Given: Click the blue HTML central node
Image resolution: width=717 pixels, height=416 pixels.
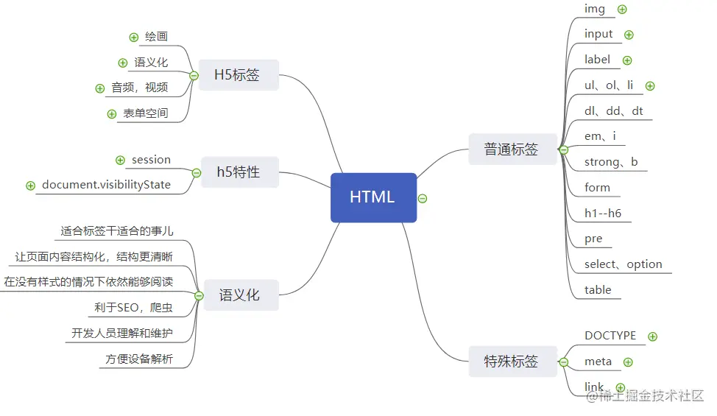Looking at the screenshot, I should [373, 197].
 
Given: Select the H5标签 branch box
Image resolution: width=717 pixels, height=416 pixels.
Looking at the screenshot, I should [237, 75].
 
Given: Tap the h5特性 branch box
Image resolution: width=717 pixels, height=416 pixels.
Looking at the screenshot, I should [238, 172].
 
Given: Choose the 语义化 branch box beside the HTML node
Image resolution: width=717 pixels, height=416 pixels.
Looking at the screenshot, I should [239, 295].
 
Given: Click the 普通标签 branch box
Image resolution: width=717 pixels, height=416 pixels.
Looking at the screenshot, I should [511, 149].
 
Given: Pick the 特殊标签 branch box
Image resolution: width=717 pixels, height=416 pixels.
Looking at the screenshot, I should [511, 362].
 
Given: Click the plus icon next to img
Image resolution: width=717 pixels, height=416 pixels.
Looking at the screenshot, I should [622, 10].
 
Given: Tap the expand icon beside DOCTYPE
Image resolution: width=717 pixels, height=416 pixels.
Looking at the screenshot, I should [652, 336].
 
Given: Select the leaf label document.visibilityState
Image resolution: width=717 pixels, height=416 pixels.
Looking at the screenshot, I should [106, 185].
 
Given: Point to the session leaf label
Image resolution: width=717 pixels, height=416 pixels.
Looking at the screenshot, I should [151, 160].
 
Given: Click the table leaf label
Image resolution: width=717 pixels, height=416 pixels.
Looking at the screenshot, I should [598, 290].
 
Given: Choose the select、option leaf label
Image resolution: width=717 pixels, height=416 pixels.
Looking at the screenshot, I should [623, 264].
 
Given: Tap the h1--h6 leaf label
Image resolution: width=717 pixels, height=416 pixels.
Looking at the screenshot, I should [602, 214].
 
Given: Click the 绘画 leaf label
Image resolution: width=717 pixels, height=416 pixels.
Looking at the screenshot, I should [156, 37].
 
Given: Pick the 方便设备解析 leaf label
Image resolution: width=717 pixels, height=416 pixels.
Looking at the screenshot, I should [138, 359].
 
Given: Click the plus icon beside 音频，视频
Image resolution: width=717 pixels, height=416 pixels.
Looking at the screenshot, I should [100, 88].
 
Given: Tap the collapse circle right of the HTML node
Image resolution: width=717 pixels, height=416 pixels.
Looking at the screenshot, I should [423, 198].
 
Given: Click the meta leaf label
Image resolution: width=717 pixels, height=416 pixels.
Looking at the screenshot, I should [598, 362].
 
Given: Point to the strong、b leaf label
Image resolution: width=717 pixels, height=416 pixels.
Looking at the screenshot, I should [611, 162].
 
